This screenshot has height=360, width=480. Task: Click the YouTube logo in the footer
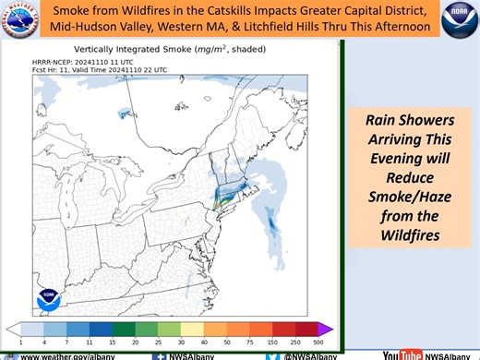tap(402, 354)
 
